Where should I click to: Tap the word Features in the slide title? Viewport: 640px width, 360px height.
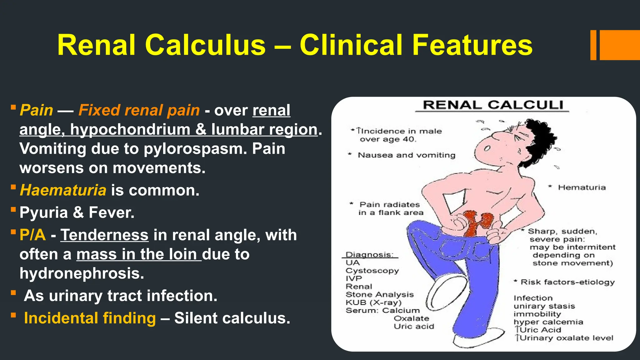click(472, 45)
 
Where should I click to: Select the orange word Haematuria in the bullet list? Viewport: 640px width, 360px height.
click(63, 190)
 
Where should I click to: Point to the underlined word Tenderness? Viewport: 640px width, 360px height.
click(104, 235)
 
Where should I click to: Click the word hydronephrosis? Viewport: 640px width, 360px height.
click(82, 273)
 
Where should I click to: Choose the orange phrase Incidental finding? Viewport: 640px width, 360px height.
click(90, 318)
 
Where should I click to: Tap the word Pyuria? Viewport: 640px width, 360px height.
click(43, 213)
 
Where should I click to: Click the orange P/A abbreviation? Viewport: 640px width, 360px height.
click(32, 235)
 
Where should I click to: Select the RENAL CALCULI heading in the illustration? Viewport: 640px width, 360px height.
click(493, 105)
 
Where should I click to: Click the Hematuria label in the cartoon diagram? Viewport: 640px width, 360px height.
click(582, 187)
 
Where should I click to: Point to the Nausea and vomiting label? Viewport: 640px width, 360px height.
click(406, 155)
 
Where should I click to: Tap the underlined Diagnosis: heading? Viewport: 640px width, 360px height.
click(370, 255)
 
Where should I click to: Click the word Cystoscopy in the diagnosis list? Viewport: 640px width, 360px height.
click(372, 271)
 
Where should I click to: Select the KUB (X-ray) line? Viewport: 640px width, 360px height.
click(373, 302)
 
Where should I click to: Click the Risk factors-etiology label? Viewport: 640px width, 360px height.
click(567, 282)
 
